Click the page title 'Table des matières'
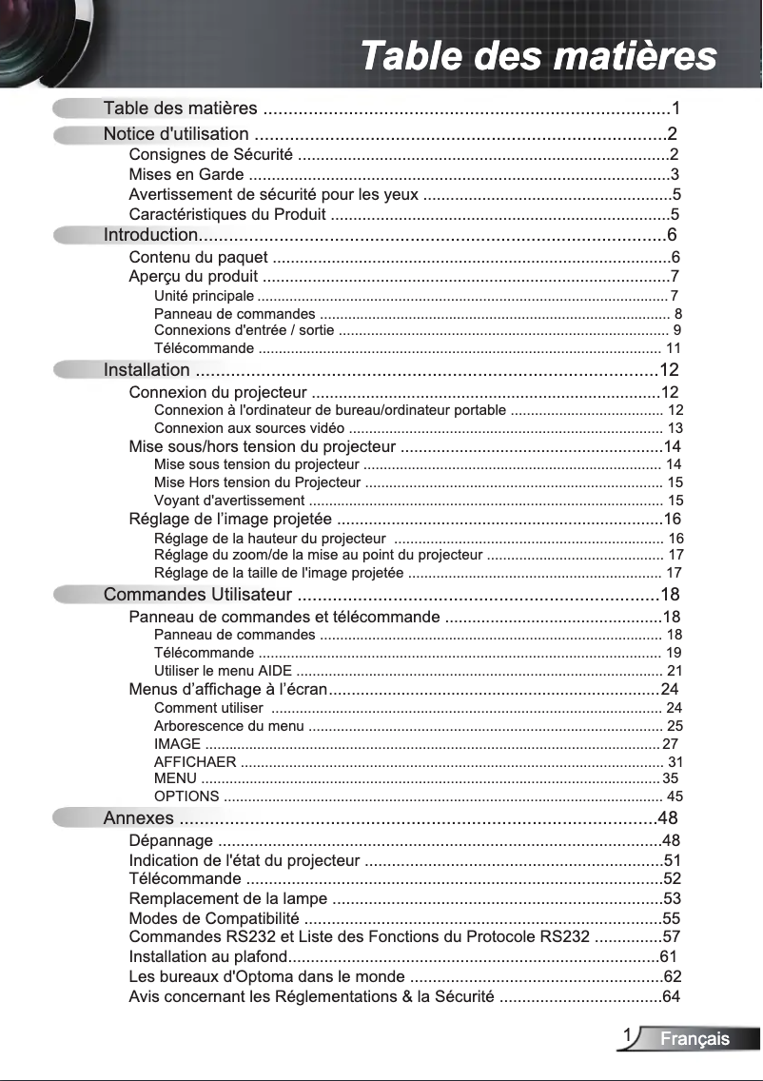tap(538, 55)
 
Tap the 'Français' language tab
tap(695, 1039)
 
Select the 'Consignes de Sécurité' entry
tap(210, 155)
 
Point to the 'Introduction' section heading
tap(150, 235)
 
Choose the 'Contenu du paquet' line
tap(198, 257)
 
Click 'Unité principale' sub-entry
tap(204, 297)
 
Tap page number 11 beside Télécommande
tap(674, 348)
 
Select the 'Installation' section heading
tap(147, 370)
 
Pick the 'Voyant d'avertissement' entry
tap(229, 501)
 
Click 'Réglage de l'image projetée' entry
tap(230, 520)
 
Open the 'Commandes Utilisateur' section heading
tap(197, 596)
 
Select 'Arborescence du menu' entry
tap(228, 727)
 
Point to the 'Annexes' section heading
tap(139, 819)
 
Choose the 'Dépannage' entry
tap(171, 841)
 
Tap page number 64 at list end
tap(672, 997)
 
